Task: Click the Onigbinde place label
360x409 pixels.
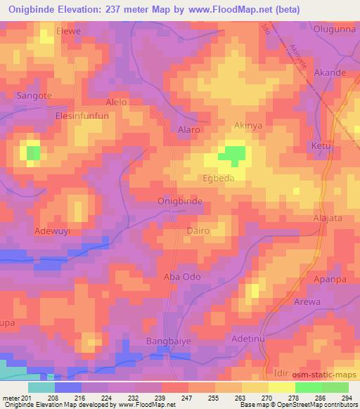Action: pos(179,201)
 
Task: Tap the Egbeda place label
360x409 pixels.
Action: pos(219,178)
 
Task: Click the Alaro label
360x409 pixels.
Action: pos(190,130)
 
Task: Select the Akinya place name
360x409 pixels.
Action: pos(247,126)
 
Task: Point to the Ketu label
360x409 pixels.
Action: pos(320,145)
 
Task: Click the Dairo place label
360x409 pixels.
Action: pos(199,230)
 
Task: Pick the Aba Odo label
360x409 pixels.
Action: pos(181,277)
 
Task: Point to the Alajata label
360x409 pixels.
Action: pos(328,218)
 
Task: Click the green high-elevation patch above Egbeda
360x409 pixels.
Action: pos(233,155)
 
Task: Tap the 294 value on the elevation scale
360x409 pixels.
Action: pos(345,398)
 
